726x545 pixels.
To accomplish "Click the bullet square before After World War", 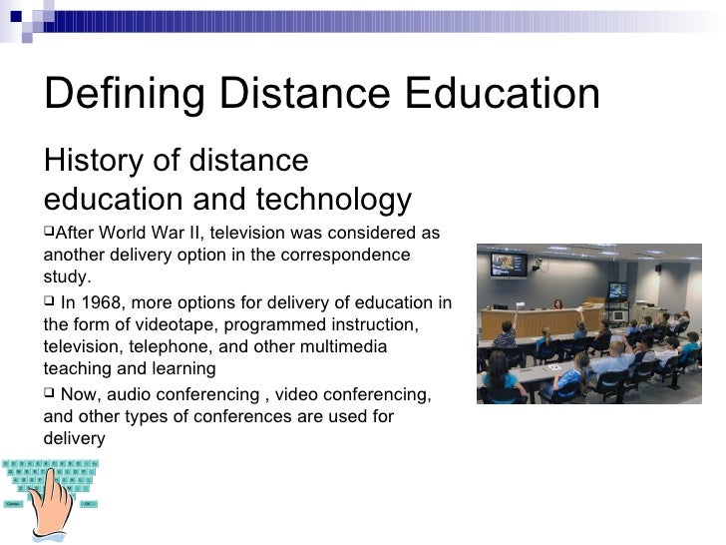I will tap(49, 233).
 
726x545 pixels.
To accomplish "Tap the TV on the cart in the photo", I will tap(618, 291).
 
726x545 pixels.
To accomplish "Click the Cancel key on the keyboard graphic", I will tap(13, 504).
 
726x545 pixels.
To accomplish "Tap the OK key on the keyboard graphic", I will tap(88, 504).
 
